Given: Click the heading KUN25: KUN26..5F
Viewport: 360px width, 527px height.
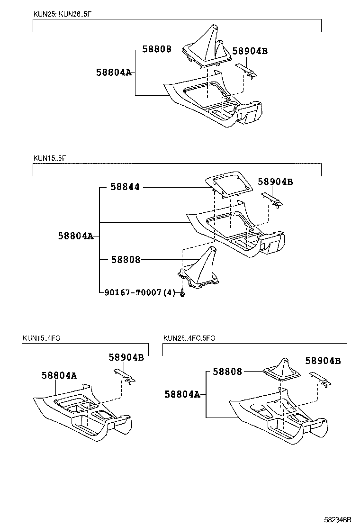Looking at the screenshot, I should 61,14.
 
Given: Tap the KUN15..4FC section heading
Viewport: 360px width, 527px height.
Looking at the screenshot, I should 41,338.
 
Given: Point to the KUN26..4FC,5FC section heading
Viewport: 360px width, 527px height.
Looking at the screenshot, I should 189,338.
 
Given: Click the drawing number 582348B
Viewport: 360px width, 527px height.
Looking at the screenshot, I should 337,520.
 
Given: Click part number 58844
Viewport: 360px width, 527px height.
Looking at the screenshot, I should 125,187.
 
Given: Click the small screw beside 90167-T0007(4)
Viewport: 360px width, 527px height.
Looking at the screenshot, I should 182,294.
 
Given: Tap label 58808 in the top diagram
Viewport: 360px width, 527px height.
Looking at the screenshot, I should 157,49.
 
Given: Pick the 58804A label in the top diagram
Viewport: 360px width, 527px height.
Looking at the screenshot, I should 113,73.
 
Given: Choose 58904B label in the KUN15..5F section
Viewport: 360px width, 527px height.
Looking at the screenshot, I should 275,182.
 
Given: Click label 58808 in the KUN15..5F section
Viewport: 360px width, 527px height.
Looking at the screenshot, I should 126,259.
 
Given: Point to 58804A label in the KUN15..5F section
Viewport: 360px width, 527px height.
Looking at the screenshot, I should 76,236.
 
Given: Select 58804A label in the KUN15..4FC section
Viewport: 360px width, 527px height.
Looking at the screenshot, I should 59,375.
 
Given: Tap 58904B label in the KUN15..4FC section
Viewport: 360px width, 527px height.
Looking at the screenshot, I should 126,358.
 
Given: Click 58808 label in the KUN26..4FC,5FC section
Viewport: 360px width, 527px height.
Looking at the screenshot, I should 227,372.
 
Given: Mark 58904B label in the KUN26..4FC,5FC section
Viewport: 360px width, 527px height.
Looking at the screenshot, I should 323,361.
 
